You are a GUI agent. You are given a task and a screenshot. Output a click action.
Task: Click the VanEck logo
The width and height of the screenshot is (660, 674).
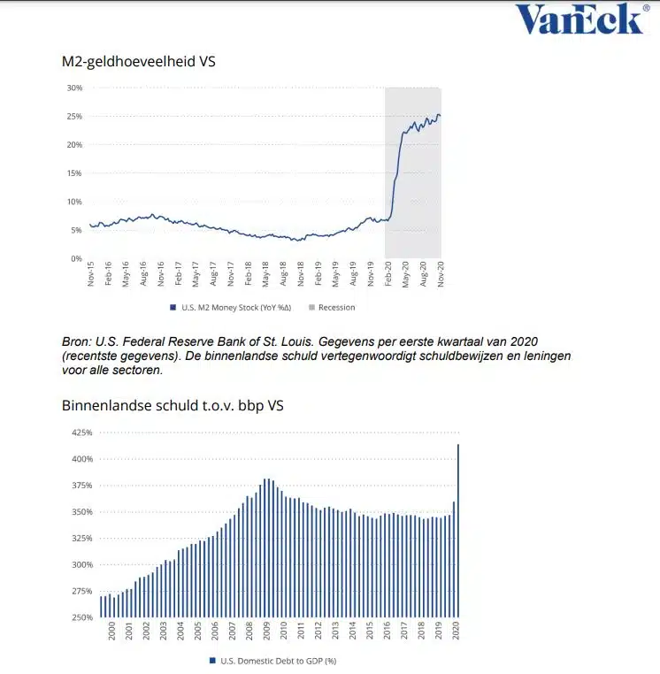(x=579, y=19)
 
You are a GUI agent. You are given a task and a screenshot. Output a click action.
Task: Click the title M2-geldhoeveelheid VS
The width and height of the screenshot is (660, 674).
(x=139, y=63)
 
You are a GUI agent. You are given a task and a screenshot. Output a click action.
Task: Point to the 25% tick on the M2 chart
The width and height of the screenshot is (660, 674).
(x=74, y=116)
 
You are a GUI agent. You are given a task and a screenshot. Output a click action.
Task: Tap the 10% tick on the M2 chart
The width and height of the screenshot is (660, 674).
(x=74, y=202)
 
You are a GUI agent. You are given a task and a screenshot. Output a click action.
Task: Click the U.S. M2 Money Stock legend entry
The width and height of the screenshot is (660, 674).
(x=226, y=308)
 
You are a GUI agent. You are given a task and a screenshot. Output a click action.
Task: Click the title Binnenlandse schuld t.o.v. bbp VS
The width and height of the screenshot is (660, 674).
(x=173, y=407)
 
